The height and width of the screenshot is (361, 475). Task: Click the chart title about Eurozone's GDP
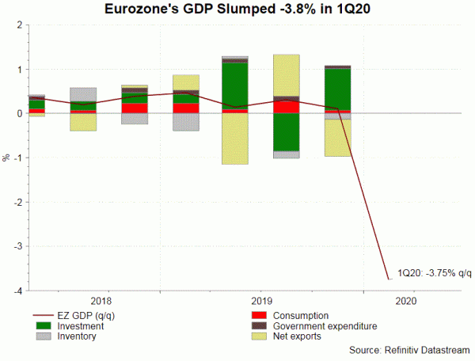237,9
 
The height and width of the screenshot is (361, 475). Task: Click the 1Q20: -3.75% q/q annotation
434,273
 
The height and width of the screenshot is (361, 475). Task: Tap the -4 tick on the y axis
19,291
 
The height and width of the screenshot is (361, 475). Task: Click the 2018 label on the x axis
101,302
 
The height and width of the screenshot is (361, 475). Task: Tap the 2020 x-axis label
404,302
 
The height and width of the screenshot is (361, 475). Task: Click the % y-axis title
6,158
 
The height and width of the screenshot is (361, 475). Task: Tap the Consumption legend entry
301,314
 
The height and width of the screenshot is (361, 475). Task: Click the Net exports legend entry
297,336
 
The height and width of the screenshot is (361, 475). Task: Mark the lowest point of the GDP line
388,279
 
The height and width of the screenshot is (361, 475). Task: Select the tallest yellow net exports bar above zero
286,75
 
